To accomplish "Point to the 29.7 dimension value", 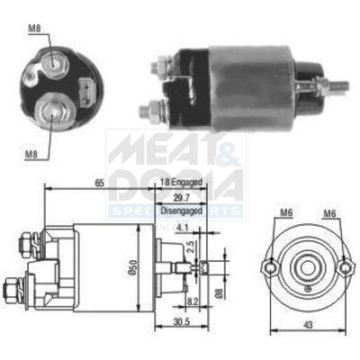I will (181, 197).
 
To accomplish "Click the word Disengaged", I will (181, 211).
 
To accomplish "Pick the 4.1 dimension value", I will (184, 228).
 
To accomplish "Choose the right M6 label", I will (329, 212).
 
